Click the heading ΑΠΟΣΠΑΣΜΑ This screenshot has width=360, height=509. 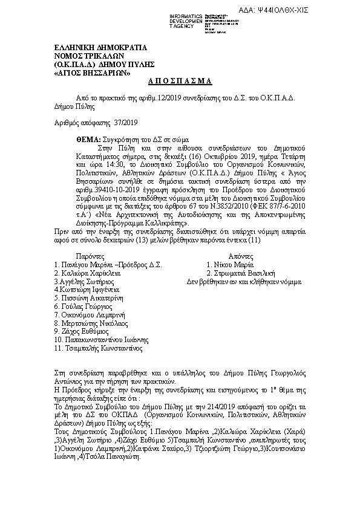180,81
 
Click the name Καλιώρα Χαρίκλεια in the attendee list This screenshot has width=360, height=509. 91,273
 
